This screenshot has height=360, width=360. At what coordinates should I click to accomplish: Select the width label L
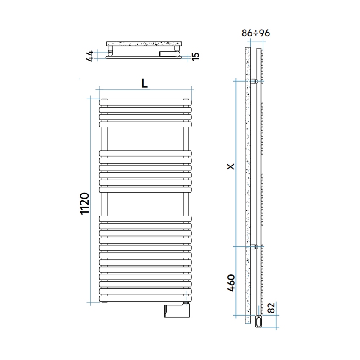pos(145,83)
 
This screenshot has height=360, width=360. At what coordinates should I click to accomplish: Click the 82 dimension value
pos(272,307)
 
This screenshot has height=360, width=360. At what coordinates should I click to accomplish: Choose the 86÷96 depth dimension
pos(256,33)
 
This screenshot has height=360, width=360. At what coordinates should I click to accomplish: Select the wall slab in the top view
pos(145,44)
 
